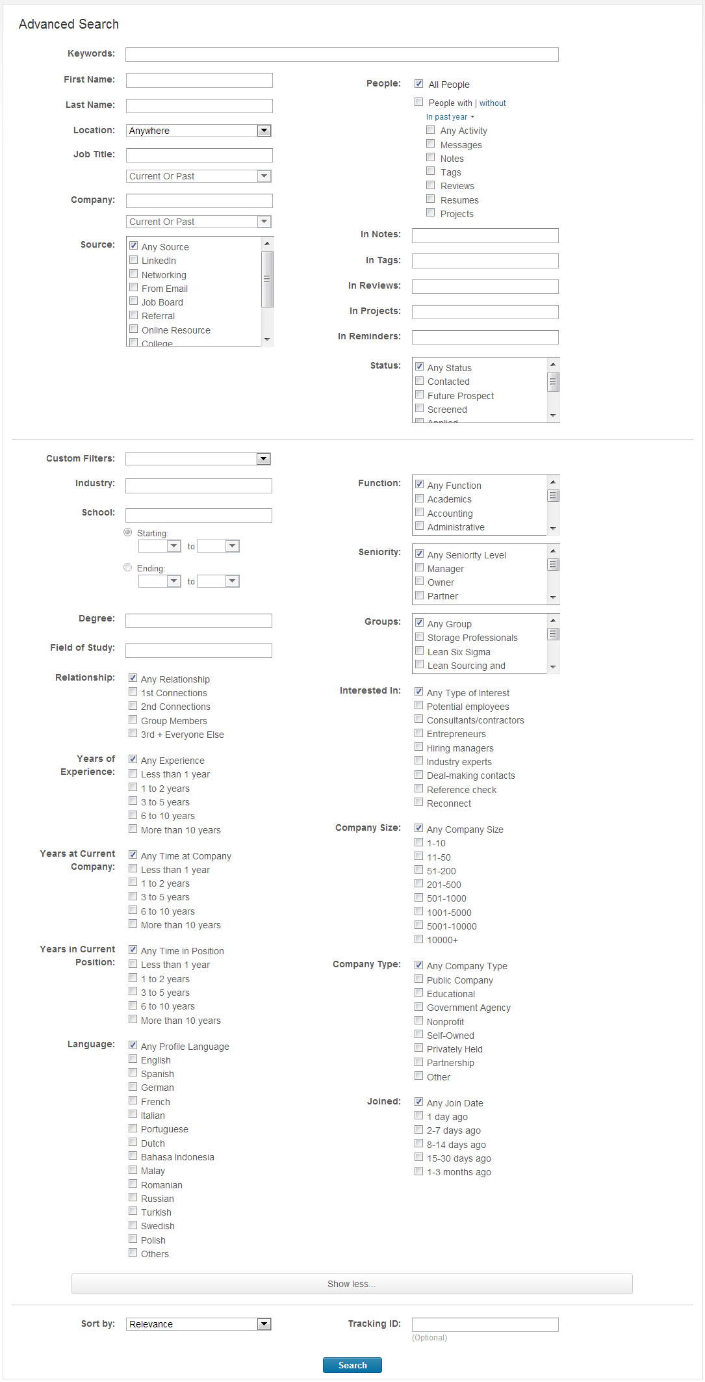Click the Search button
click(352, 1365)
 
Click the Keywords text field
click(342, 55)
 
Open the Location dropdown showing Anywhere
click(199, 131)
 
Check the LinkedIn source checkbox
click(134, 260)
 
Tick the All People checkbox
click(419, 84)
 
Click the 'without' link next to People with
click(493, 103)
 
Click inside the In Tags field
click(485, 261)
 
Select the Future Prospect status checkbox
click(420, 395)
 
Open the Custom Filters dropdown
click(198, 459)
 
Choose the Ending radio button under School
click(128, 567)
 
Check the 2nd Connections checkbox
click(133, 706)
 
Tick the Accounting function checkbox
click(420, 513)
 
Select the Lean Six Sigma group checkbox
click(420, 651)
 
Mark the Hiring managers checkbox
click(419, 748)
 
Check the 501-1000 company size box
click(419, 898)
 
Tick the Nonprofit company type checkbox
click(419, 1021)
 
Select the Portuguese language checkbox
click(133, 1128)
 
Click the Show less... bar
click(352, 1284)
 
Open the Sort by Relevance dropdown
click(198, 1324)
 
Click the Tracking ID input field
click(485, 1325)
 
